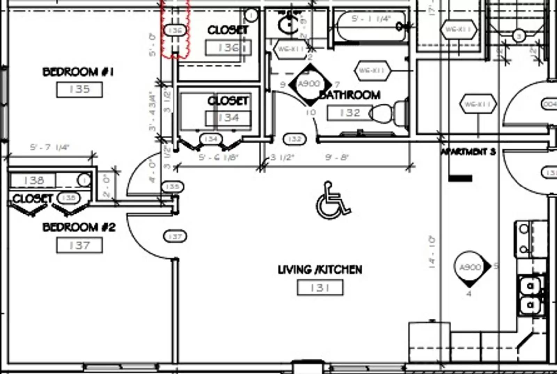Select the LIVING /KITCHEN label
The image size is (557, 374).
[320, 270]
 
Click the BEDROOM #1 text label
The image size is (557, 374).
[78, 72]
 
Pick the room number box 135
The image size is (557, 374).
[79, 89]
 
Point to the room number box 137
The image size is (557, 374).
[79, 246]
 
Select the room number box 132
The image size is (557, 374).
[350, 113]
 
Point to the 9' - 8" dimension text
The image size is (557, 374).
[337, 158]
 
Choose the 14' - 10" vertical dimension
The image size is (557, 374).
[432, 252]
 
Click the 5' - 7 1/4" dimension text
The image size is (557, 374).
[49, 148]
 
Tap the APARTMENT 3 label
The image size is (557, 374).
[468, 152]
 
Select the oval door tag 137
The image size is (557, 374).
[175, 237]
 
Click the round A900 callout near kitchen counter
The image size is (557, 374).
[470, 267]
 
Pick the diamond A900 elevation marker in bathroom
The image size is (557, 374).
[309, 84]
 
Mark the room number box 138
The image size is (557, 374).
[33, 180]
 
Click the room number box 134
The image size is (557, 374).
[228, 118]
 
